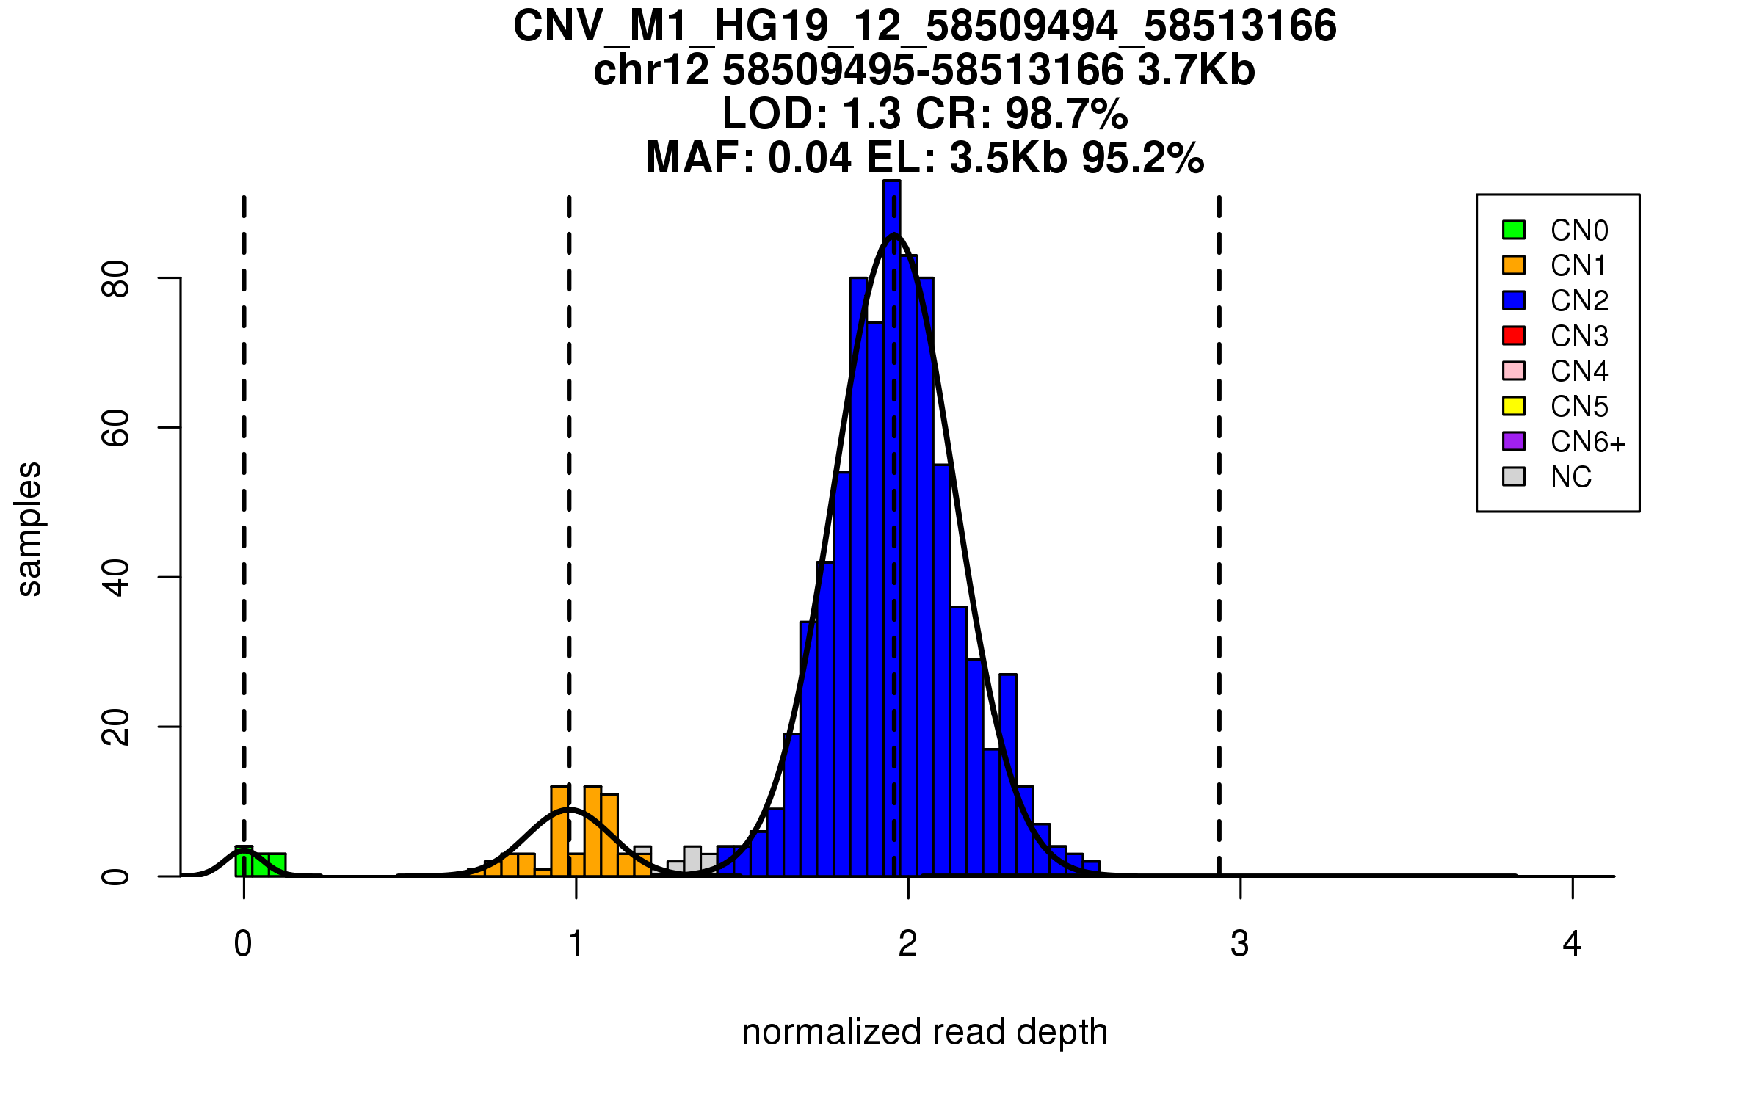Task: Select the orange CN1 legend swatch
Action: point(1514,265)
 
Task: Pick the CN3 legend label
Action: point(1579,336)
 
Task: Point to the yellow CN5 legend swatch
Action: point(1514,406)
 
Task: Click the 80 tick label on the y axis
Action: point(116,279)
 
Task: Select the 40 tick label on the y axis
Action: point(116,578)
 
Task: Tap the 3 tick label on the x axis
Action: point(1240,944)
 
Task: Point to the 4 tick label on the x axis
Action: point(1572,944)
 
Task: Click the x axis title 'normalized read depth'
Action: point(924,1032)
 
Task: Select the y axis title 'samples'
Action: point(29,528)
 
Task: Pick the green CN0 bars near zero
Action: point(261,864)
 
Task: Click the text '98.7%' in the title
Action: point(1066,114)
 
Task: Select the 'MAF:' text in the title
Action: point(700,158)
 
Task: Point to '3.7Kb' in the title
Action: point(1196,70)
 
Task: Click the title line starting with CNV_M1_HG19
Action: point(924,26)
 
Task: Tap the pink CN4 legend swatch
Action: point(1514,371)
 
